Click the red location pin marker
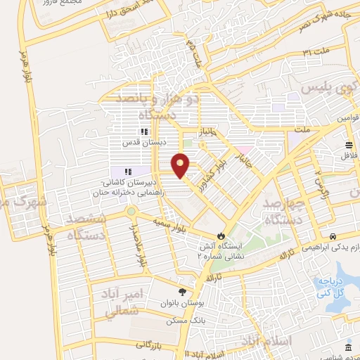point(181,165)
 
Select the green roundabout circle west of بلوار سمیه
point(130,211)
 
